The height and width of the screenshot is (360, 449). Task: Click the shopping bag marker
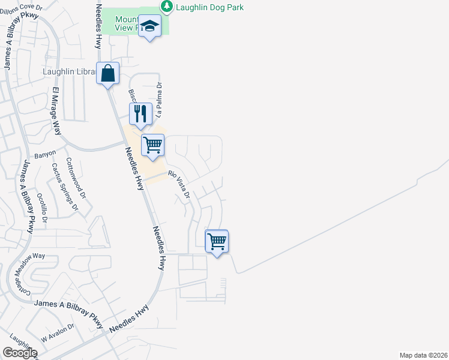107,74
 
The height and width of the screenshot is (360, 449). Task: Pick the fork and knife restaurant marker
140,113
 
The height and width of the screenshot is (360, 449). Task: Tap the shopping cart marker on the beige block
153,145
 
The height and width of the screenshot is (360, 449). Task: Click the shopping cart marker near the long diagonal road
217,242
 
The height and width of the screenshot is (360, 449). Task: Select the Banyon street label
45,154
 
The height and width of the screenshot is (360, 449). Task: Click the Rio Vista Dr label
179,185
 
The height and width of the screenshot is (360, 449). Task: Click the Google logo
20,353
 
